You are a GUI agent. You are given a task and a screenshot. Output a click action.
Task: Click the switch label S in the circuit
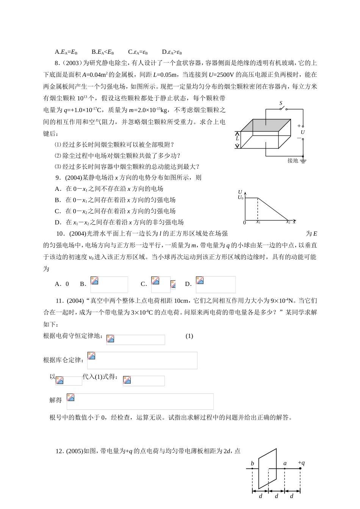point(281,103)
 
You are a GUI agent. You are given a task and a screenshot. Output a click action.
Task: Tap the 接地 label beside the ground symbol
point(293,161)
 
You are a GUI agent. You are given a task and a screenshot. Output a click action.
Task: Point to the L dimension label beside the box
point(238,138)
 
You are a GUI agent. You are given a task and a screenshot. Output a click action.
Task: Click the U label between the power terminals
point(303,132)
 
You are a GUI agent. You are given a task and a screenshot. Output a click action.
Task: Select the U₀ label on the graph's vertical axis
point(240,197)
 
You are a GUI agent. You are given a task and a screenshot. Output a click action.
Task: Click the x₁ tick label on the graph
point(258,222)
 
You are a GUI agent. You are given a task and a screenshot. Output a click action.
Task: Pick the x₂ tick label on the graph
point(288,222)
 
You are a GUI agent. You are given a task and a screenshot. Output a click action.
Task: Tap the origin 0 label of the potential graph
point(244,223)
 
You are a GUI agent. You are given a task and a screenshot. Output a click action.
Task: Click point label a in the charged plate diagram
point(285,463)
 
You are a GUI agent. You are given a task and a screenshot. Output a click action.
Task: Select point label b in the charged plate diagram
point(252,464)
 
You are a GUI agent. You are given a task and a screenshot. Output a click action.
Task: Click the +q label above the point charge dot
point(301,463)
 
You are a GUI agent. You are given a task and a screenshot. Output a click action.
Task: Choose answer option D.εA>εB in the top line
point(172,52)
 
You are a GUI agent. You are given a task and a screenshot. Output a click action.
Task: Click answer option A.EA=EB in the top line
point(66,52)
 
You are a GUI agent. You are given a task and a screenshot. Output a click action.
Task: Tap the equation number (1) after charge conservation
point(189,336)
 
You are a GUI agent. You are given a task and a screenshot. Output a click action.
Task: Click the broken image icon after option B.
point(94,281)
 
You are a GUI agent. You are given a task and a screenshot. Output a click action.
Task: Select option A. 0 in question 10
point(62,284)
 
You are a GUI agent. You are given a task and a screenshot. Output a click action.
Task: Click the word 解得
point(55,400)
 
